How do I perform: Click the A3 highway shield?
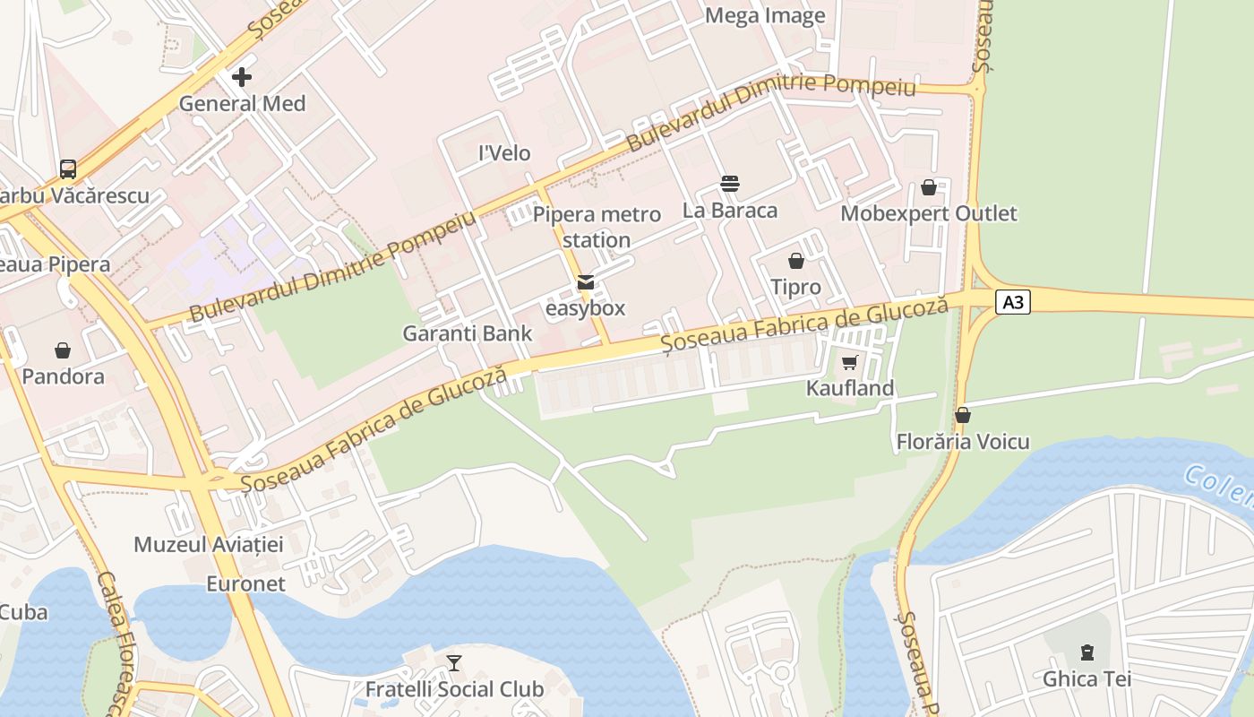(1013, 302)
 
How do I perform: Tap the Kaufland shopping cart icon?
(849, 362)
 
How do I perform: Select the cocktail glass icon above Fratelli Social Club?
(454, 663)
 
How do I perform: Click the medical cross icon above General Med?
(241, 77)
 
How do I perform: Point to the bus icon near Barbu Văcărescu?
(68, 168)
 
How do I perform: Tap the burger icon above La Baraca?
(730, 185)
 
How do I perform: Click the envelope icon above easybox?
(586, 282)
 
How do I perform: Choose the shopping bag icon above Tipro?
(795, 261)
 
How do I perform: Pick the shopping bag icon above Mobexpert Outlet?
(929, 187)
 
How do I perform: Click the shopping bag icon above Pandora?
(63, 350)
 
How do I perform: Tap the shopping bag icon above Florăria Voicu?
(963, 415)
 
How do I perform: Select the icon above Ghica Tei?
(1087, 652)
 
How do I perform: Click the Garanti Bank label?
(467, 333)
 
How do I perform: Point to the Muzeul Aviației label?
(208, 544)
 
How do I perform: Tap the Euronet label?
(245, 583)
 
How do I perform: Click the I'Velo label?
(504, 153)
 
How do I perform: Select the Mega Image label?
(765, 15)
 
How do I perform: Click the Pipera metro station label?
(597, 227)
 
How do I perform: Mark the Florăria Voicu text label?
(963, 442)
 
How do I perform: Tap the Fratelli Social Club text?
(454, 689)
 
